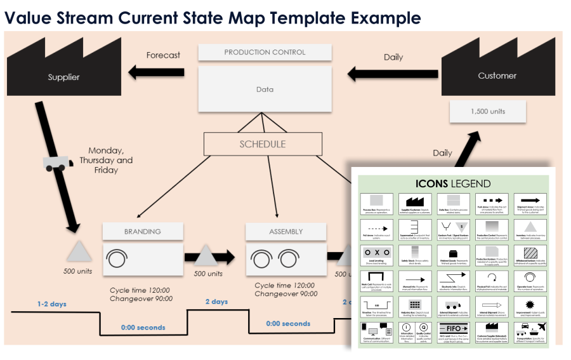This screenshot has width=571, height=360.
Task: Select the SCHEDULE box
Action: (x=262, y=144)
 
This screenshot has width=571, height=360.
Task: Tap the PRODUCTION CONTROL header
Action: (x=265, y=53)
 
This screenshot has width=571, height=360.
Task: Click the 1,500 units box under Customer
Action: (x=488, y=112)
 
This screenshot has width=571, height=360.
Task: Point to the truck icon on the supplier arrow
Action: (x=55, y=163)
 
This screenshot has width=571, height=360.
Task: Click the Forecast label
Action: (x=163, y=55)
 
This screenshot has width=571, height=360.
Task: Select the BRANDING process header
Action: (x=143, y=232)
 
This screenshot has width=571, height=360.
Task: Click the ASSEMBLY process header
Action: (x=285, y=232)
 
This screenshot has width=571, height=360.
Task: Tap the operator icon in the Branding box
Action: (x=116, y=258)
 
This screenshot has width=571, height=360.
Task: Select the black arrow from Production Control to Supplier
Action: (x=156, y=72)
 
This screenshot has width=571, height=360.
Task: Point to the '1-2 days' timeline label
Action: (x=51, y=304)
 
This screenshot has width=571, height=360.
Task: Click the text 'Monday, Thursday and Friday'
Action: (x=106, y=160)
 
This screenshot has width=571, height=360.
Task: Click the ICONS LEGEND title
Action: (x=453, y=184)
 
